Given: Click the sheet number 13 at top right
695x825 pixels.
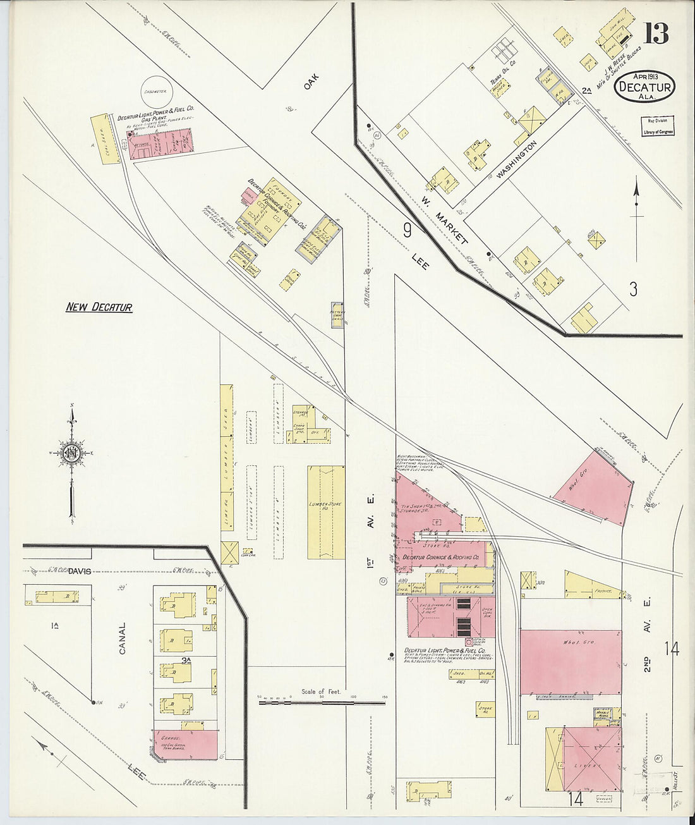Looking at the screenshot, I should (x=656, y=32).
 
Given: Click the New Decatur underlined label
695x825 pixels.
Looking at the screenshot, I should (x=99, y=307).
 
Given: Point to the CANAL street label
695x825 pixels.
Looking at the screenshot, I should (x=122, y=639).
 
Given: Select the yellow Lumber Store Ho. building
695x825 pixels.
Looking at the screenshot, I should (x=326, y=512).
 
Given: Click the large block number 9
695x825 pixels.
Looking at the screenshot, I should (x=408, y=230).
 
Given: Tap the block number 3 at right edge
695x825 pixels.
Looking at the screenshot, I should (x=633, y=289).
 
